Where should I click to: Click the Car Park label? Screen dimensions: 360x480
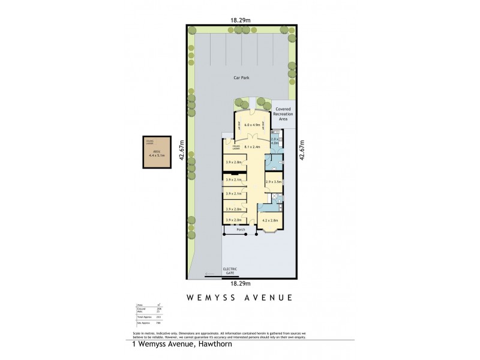[x=241, y=77]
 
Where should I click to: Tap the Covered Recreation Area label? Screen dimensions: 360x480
[x=283, y=114]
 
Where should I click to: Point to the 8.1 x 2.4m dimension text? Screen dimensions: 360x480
[x=250, y=146]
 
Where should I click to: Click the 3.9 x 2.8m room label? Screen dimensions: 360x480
[x=233, y=162]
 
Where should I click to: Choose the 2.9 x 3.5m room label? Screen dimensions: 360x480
[x=274, y=181]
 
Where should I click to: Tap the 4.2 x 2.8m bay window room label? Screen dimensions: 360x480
[x=271, y=220]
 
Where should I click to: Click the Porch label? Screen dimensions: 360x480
[x=241, y=230]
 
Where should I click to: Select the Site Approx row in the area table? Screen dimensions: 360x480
[x=143, y=322]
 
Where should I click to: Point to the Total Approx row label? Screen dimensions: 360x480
[x=144, y=316]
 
